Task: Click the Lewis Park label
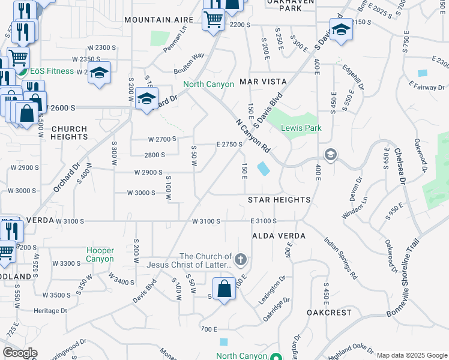303,128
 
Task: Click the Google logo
20,353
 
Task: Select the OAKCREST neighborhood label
328,313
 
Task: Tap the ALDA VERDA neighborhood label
279,236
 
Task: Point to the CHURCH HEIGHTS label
69,133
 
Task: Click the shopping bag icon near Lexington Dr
224,289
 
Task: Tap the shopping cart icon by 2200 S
214,19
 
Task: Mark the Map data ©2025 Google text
411,355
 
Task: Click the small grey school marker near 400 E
330,155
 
